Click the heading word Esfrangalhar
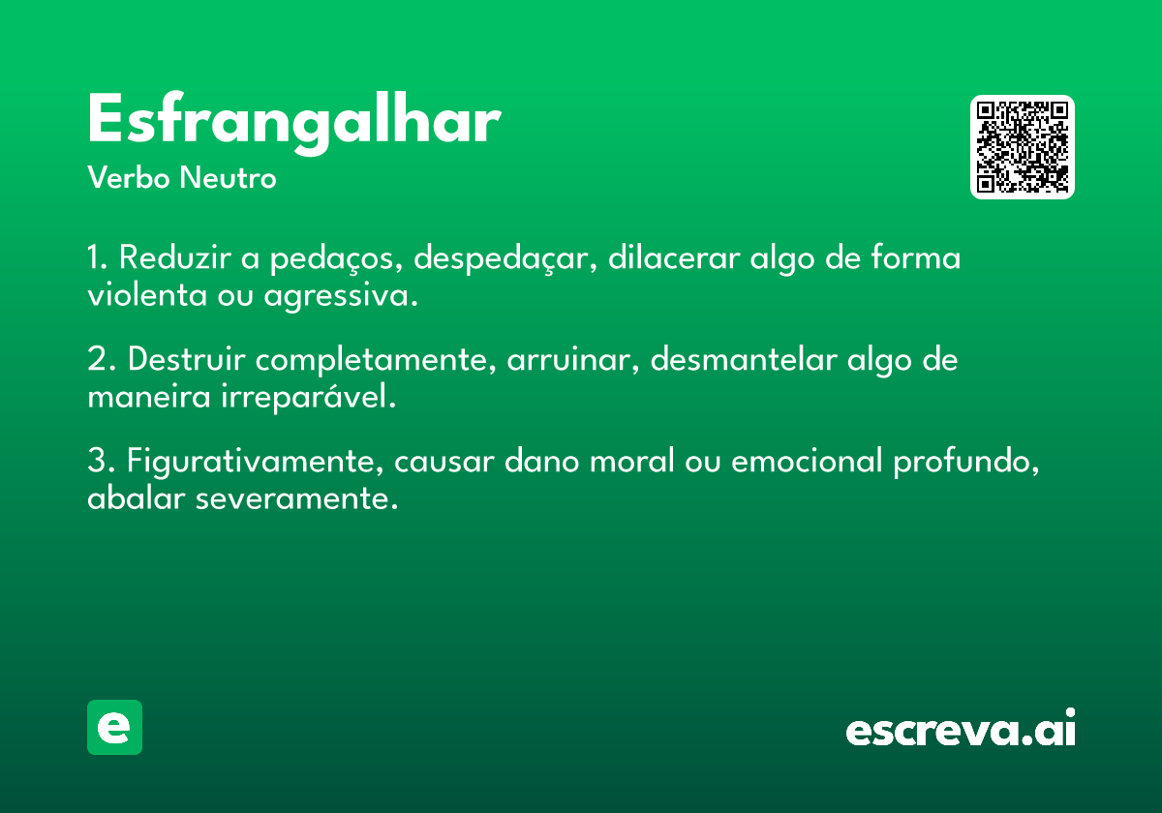pyautogui.click(x=294, y=122)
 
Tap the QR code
pyautogui.click(x=1022, y=147)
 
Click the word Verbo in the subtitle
pyautogui.click(x=129, y=177)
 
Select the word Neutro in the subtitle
pyautogui.click(x=228, y=177)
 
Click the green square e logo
pyautogui.click(x=114, y=727)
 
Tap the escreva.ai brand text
pyautogui.click(x=961, y=728)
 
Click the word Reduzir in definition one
pyautogui.click(x=175, y=257)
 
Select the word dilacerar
pyautogui.click(x=674, y=257)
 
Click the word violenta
pyautogui.click(x=147, y=295)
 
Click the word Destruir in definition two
pyautogui.click(x=186, y=358)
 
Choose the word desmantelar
pyautogui.click(x=744, y=358)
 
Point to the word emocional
pyautogui.click(x=807, y=460)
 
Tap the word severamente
pyautogui.click(x=296, y=497)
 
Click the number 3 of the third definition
pyautogui.click(x=97, y=460)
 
